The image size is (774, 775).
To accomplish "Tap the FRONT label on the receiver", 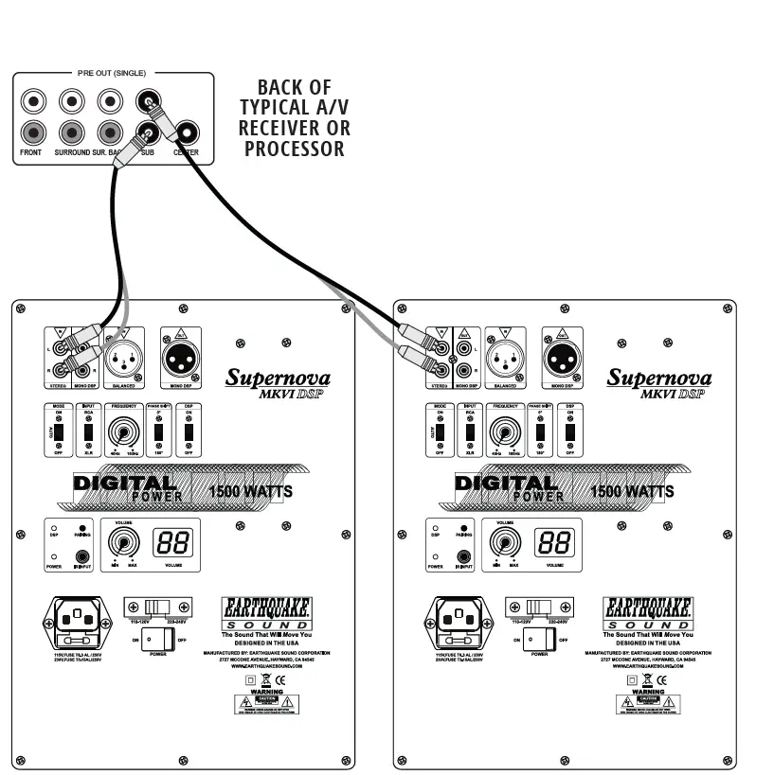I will click(31, 151).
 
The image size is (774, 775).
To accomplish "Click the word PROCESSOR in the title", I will click(295, 149).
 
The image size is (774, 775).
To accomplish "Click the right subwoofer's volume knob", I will click(505, 542).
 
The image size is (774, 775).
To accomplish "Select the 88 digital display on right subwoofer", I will click(554, 542).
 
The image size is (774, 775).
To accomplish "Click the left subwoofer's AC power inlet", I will click(75, 619).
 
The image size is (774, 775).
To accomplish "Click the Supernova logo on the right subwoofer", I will click(659, 379).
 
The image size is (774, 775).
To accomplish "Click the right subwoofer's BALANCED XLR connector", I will click(505, 357).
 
